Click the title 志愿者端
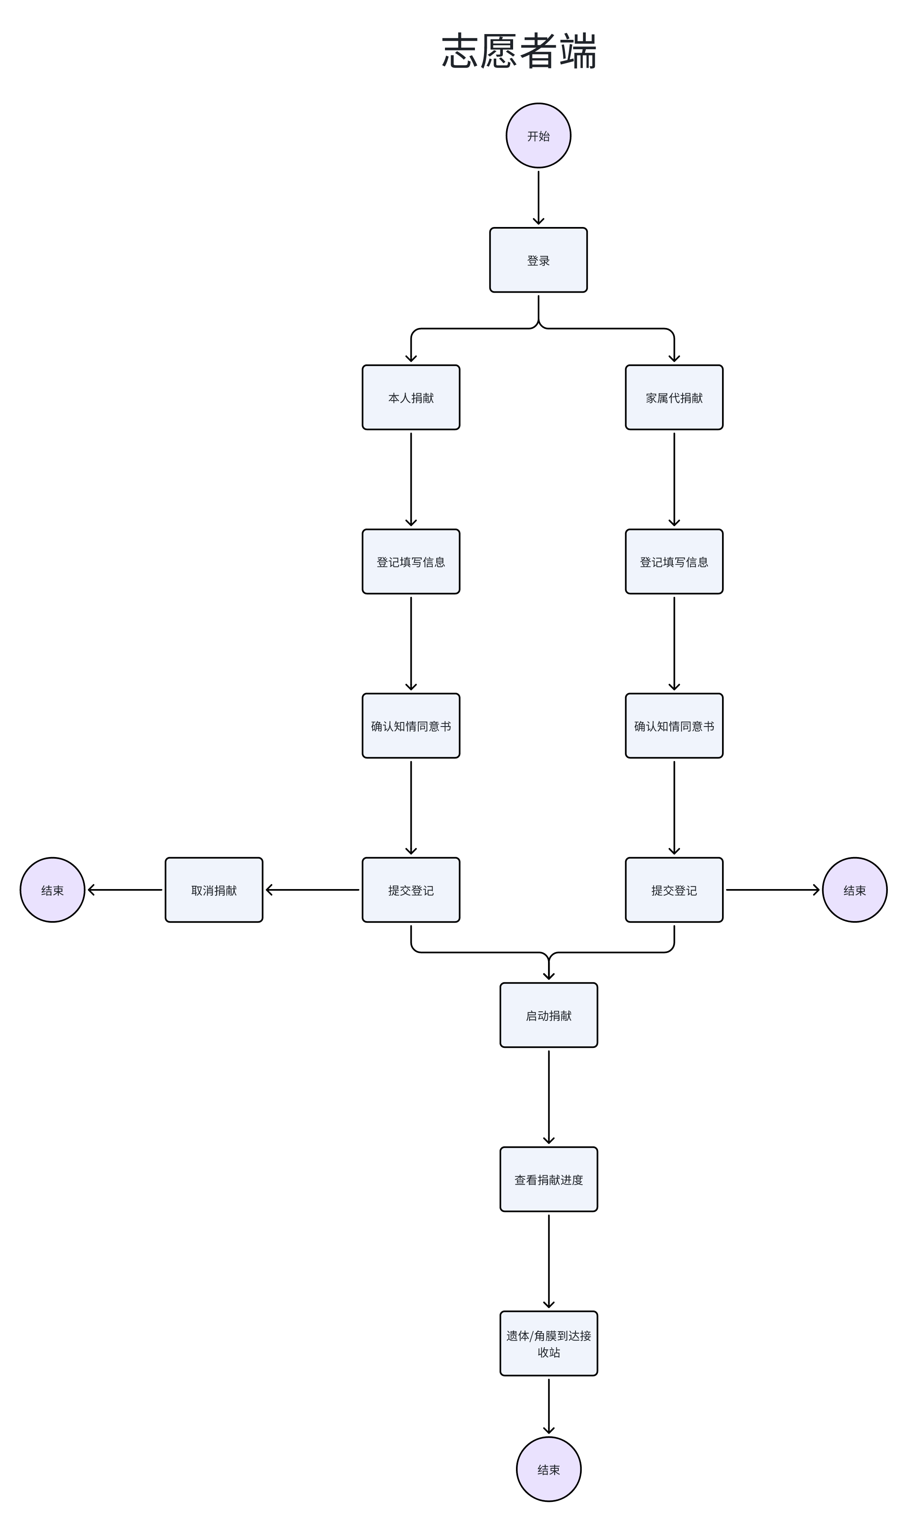click(519, 51)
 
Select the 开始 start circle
click(539, 136)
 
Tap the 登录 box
click(539, 260)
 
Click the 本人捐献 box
click(410, 398)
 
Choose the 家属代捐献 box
click(674, 398)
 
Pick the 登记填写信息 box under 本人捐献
click(410, 562)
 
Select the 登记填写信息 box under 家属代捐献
click(674, 562)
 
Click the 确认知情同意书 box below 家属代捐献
click(674, 726)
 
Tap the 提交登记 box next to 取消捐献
click(410, 890)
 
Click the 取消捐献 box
click(213, 890)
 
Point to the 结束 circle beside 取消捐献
click(53, 890)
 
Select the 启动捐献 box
click(549, 1015)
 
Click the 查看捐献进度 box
click(549, 1179)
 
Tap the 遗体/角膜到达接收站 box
click(549, 1344)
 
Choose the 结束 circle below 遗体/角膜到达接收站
click(549, 1469)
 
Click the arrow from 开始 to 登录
click(539, 197)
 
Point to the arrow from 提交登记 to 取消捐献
click(312, 890)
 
